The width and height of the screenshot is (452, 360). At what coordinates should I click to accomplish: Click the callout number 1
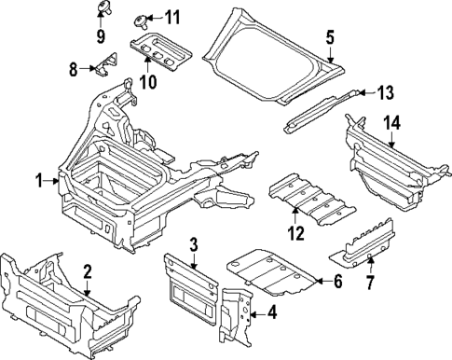coord(39,181)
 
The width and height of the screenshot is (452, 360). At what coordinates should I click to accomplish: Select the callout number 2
coord(87,271)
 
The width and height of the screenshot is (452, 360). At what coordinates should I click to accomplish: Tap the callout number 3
coord(193,244)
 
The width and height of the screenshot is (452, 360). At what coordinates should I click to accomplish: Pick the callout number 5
coord(330,37)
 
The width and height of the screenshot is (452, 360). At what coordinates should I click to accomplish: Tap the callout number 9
coord(101,37)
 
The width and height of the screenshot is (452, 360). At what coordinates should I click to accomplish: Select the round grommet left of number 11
coord(143,18)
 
